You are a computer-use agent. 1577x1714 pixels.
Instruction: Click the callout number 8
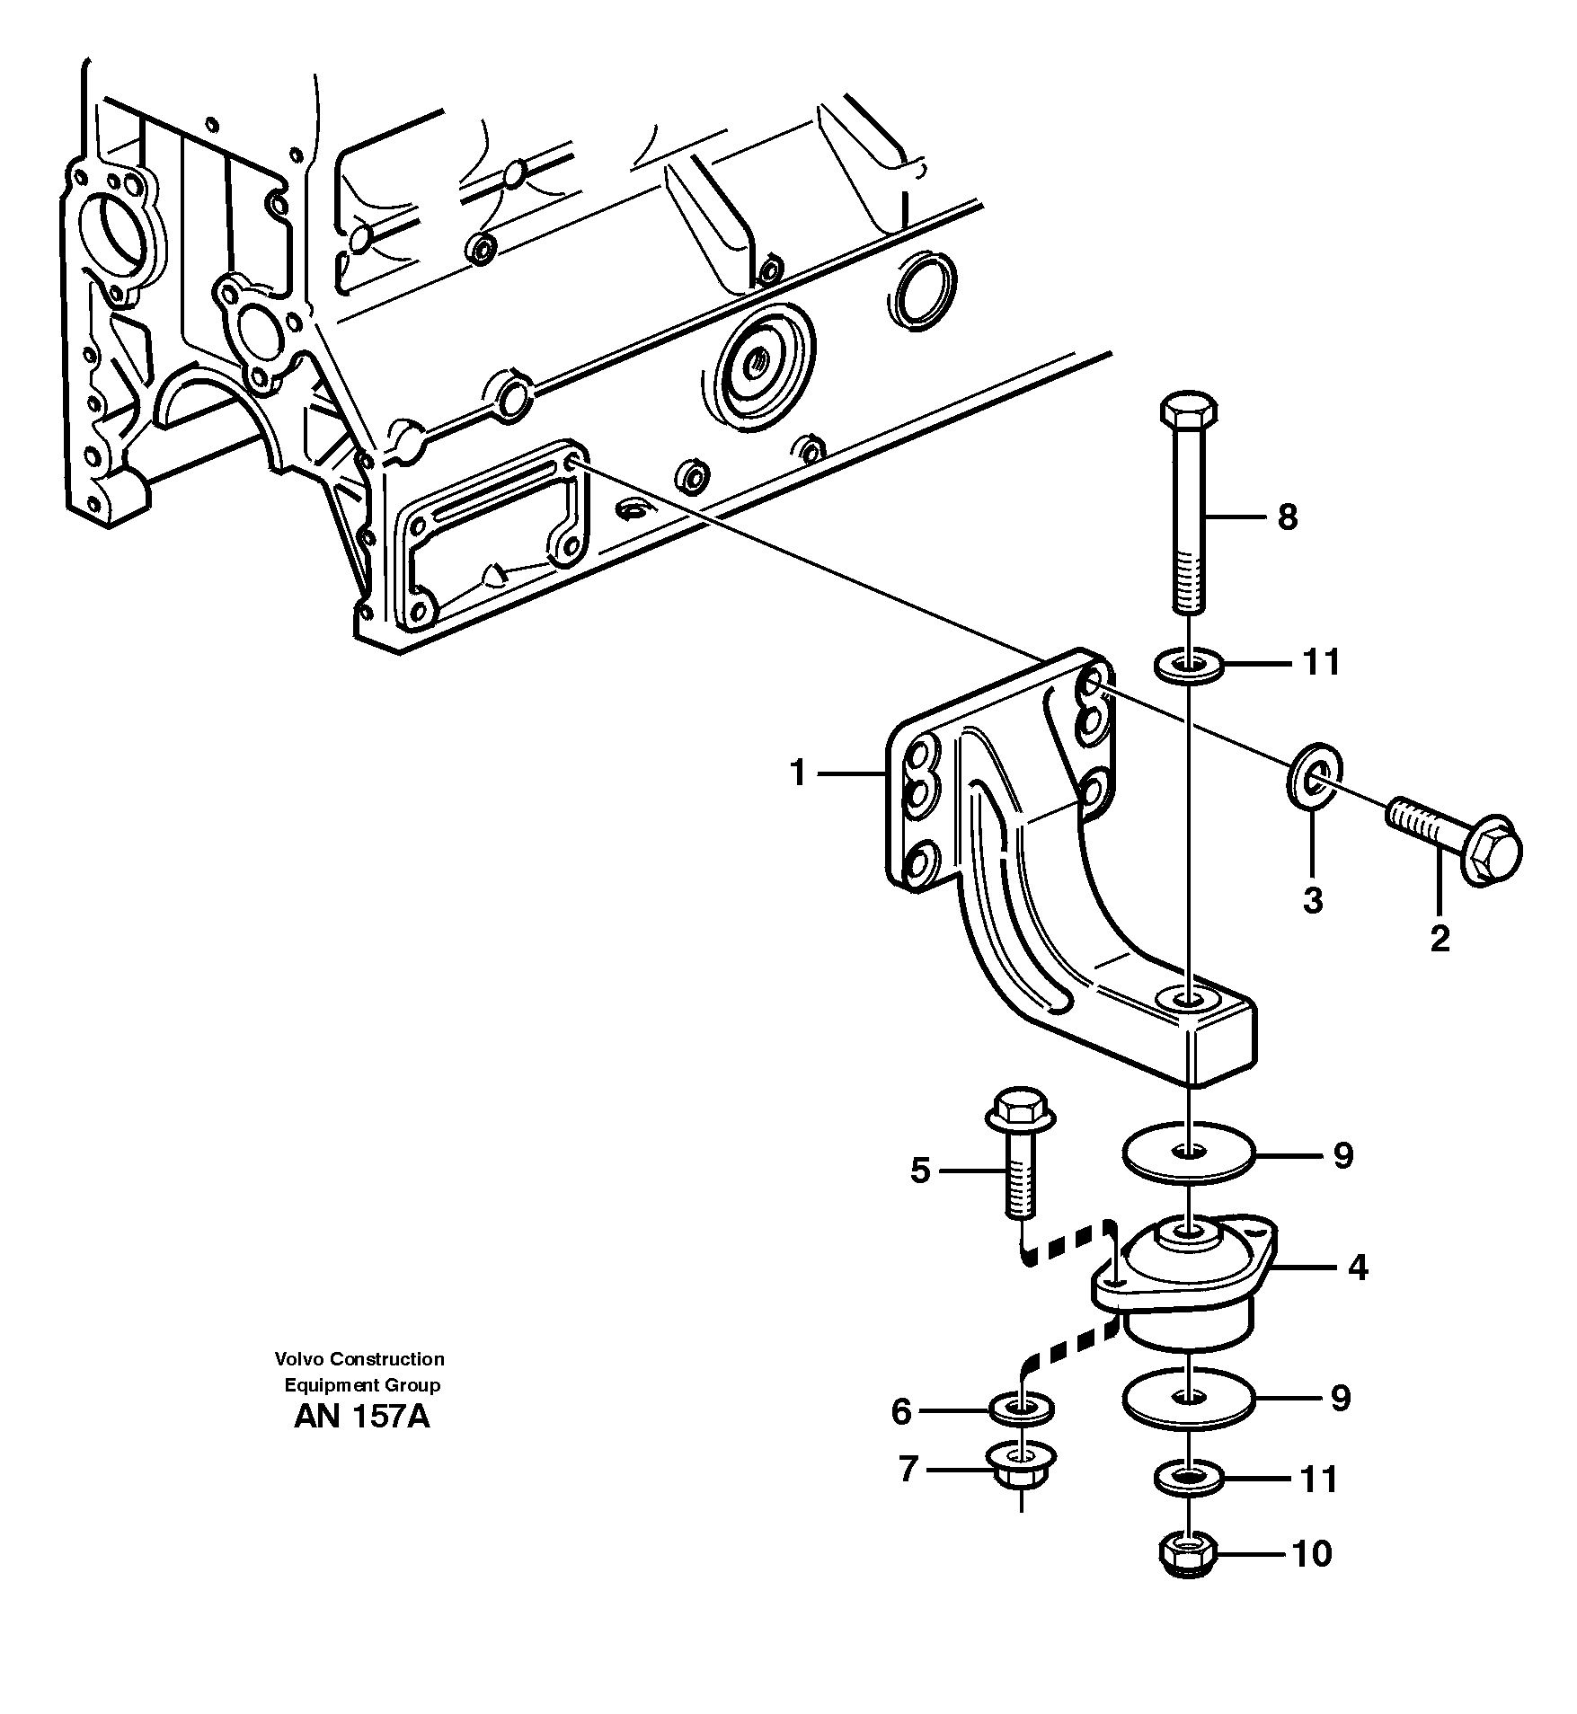[x=1288, y=517]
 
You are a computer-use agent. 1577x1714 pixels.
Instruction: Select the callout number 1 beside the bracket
[x=798, y=773]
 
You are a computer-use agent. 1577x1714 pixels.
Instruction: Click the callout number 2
[x=1440, y=939]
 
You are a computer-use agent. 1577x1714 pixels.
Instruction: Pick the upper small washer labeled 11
[x=1188, y=666]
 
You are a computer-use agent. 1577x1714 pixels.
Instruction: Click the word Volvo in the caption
[x=300, y=1359]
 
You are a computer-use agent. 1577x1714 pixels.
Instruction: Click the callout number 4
[x=1358, y=1268]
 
